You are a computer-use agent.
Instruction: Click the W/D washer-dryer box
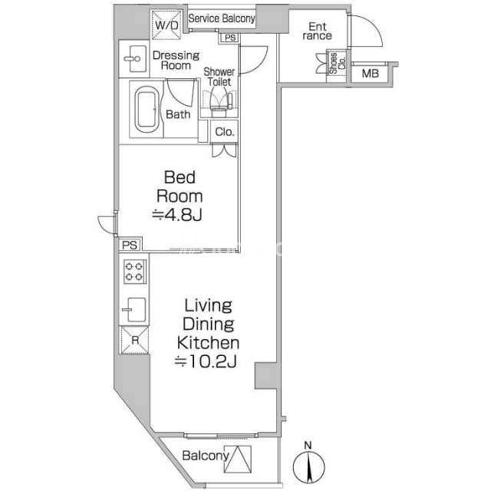point(166,25)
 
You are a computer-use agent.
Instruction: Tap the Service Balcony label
point(222,18)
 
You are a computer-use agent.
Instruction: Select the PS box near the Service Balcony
point(229,38)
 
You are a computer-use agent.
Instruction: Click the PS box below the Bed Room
point(130,245)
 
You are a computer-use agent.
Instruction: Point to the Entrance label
point(317,31)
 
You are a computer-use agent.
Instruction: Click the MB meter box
point(370,74)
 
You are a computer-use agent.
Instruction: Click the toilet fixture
point(219,101)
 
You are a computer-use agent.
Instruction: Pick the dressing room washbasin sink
point(135,58)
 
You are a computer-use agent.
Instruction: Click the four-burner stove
point(135,272)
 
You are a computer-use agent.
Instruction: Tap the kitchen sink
point(135,310)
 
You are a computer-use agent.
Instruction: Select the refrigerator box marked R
point(135,340)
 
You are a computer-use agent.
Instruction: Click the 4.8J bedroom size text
point(177,215)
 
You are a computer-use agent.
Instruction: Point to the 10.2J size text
point(206,361)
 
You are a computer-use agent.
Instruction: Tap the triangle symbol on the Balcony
point(238,459)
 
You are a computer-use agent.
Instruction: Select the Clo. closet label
point(225,132)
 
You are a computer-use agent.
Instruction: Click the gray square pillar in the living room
point(265,376)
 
